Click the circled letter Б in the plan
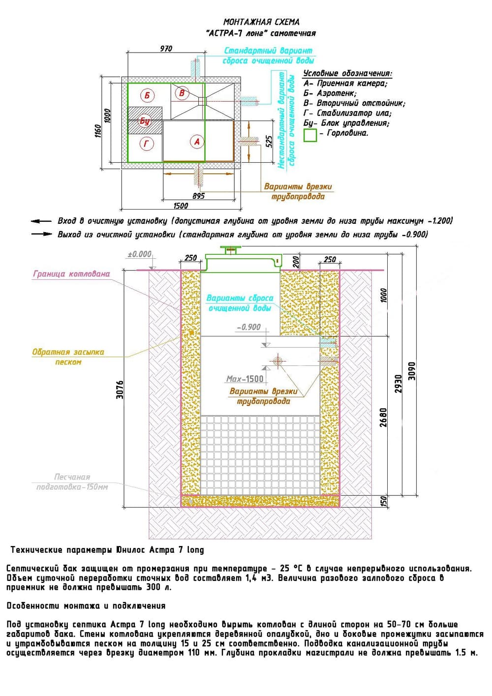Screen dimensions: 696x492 147,95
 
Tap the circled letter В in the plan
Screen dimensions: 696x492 182,92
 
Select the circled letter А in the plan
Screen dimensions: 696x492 197,142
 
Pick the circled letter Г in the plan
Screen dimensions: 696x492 147,144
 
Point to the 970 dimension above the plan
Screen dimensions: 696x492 166,48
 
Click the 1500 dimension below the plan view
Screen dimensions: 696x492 181,206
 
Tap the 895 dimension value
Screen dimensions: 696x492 199,196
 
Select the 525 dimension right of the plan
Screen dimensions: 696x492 269,142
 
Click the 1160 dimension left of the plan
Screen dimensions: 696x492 98,131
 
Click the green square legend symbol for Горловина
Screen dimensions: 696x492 310,135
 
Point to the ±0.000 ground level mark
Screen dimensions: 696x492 140,254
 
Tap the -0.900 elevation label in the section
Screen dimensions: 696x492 249,327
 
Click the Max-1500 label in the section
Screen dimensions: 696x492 245,379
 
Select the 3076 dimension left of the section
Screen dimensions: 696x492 120,389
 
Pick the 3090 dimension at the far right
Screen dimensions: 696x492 412,371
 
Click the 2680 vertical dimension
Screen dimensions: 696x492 384,417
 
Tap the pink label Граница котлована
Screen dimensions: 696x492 72,274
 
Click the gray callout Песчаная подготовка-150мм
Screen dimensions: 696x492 72,482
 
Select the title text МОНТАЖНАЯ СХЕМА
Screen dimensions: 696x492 261,22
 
